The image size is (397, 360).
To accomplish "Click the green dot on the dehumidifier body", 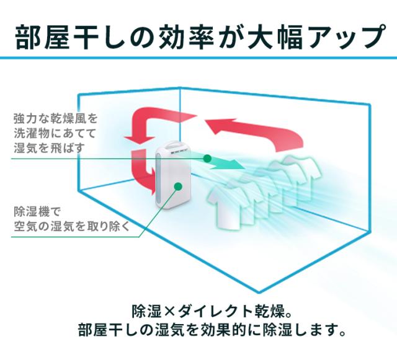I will [x=178, y=185].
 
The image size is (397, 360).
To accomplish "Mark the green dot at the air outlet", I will [x=207, y=159].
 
